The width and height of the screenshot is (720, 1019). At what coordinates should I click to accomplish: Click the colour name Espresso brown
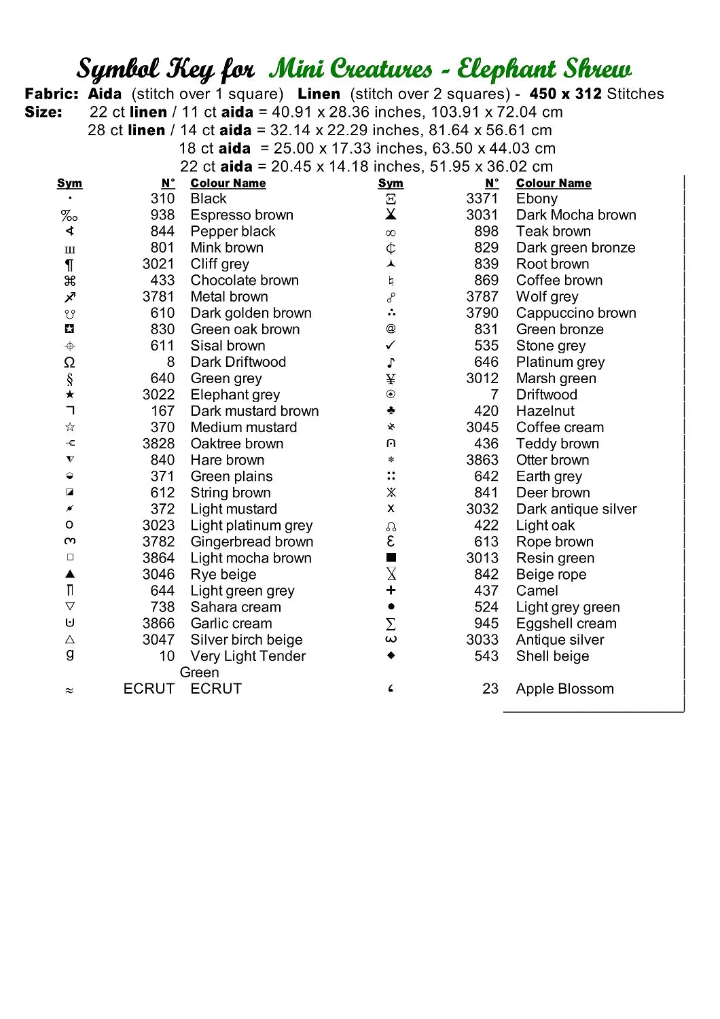tap(242, 215)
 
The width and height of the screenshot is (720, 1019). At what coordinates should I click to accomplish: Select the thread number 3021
tap(158, 264)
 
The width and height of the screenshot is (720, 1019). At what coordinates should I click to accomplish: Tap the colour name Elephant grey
tap(235, 395)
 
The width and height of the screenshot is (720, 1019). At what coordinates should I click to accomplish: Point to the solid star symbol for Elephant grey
tap(70, 395)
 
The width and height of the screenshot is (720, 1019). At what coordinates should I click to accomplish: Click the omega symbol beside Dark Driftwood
tap(69, 362)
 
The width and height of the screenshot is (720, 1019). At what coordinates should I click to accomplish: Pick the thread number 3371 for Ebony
tap(482, 199)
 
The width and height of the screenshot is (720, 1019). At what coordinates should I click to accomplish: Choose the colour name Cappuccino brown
tap(576, 313)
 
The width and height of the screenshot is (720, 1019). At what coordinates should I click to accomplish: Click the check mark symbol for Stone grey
tap(391, 346)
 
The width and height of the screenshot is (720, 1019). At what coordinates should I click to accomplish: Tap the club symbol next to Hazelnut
tap(391, 411)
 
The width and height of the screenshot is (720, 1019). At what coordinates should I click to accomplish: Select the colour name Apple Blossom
tap(564, 689)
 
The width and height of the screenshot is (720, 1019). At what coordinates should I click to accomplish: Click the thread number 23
tap(490, 689)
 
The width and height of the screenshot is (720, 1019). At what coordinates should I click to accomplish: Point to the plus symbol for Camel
tap(391, 590)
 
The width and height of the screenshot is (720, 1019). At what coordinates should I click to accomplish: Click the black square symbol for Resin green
tap(391, 558)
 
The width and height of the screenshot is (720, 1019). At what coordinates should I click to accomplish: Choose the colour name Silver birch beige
tap(247, 640)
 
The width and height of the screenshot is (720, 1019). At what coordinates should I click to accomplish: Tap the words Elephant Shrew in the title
tap(544, 69)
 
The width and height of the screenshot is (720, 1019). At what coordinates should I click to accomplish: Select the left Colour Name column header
tap(228, 183)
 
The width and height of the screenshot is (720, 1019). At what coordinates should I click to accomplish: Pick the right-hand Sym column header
tap(391, 183)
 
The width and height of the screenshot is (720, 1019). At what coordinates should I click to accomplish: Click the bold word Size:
tap(43, 112)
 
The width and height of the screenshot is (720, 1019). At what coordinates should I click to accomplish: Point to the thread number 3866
tap(158, 624)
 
